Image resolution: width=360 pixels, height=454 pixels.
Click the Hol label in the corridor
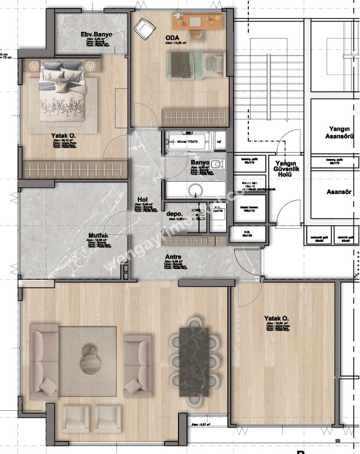coord(143,200)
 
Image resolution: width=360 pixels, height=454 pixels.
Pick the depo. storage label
coord(173,214)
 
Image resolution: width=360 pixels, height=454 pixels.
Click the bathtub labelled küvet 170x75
coord(190,141)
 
